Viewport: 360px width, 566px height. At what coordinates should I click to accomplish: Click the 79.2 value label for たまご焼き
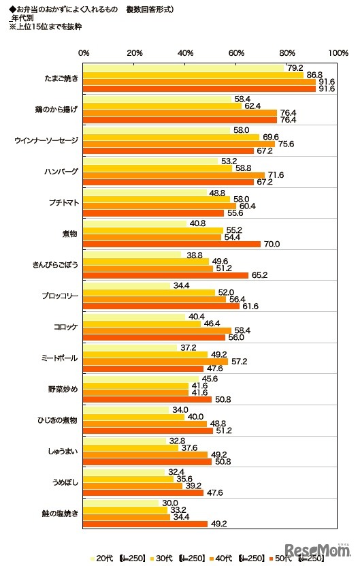(295, 67)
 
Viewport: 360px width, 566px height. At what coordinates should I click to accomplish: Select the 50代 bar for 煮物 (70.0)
(172, 244)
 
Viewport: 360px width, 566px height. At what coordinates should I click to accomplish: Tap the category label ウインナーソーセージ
(47, 140)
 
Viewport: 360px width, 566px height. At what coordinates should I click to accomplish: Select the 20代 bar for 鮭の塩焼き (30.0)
(121, 503)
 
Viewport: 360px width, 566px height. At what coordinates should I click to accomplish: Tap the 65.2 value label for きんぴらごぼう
(259, 275)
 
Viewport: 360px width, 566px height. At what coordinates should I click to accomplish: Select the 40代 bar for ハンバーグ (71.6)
(174, 175)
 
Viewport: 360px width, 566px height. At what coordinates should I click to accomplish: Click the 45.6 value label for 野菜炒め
(209, 379)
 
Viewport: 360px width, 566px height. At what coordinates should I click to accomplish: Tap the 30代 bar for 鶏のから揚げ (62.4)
(163, 106)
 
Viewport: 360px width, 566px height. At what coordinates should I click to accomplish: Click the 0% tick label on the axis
(84, 53)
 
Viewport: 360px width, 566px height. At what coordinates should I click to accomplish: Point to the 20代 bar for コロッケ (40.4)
(135, 317)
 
